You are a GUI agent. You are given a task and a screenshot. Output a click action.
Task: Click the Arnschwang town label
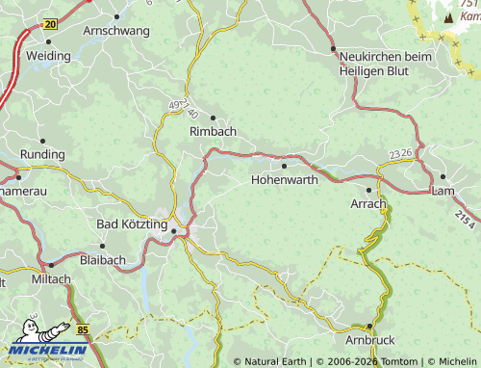116,31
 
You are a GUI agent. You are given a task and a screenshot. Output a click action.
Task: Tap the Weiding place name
48,56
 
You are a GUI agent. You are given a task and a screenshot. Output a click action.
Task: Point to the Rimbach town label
213,131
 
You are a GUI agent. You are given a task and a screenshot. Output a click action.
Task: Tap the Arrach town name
368,204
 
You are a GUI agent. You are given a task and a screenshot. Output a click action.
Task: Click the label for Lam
443,191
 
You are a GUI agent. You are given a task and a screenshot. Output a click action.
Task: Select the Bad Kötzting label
132,224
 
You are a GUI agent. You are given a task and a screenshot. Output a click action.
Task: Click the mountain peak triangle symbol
447,16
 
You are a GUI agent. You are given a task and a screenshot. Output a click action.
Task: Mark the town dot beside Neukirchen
333,48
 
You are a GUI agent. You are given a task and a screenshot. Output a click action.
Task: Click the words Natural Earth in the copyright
273,361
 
